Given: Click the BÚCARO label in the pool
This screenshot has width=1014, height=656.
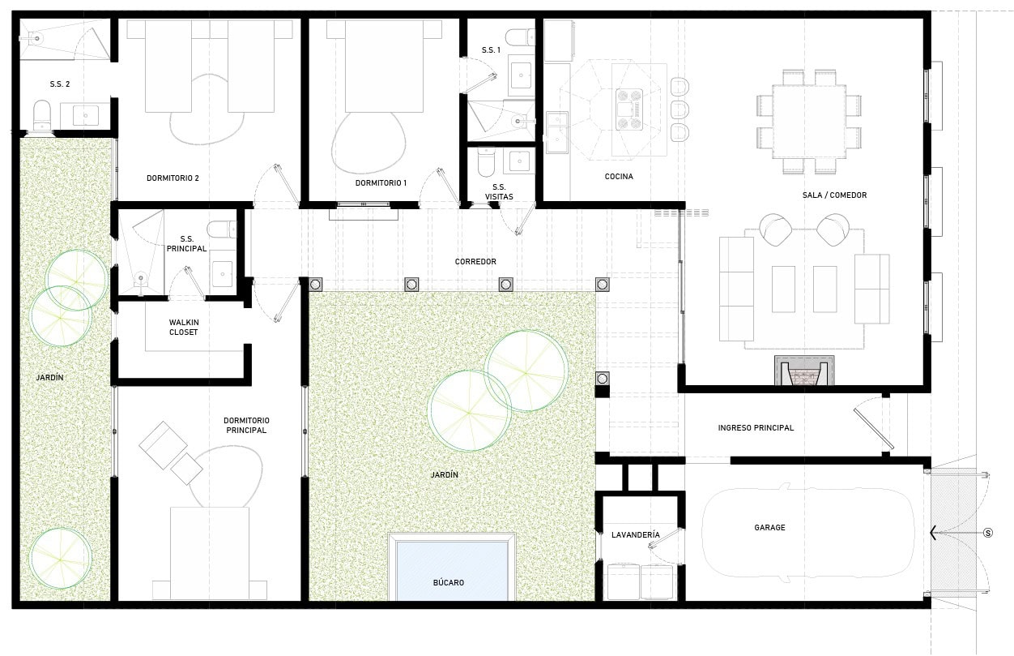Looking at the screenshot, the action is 449,582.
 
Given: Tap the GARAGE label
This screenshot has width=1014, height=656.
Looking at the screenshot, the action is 769,527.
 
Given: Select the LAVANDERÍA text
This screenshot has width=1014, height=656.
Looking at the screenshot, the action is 636,534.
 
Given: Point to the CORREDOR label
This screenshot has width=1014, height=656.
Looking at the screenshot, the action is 475,262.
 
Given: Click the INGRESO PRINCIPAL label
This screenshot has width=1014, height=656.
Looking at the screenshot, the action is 756,427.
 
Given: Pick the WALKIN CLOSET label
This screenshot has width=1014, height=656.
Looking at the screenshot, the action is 183,327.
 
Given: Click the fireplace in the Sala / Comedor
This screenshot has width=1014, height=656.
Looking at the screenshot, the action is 804,371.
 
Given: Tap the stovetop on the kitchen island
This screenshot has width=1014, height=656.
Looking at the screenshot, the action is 629,109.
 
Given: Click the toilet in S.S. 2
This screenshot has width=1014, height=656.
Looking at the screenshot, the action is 41,115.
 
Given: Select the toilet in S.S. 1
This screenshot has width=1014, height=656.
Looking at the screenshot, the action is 520,37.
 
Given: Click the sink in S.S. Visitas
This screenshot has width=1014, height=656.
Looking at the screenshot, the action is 519,161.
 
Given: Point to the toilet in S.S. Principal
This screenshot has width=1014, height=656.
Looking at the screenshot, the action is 222,229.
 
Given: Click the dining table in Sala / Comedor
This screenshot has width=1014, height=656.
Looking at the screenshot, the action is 809,122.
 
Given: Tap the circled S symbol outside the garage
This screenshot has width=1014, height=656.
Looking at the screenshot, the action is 988,533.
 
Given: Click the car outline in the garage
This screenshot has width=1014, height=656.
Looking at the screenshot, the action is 807,533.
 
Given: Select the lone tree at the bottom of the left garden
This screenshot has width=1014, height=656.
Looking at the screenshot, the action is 60,559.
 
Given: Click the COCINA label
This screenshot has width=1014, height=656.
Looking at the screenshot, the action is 619,176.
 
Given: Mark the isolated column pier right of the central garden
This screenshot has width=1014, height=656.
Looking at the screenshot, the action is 602,379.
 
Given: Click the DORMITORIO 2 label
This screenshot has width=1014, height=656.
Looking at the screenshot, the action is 173,178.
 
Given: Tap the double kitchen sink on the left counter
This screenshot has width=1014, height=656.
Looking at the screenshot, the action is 556,132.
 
